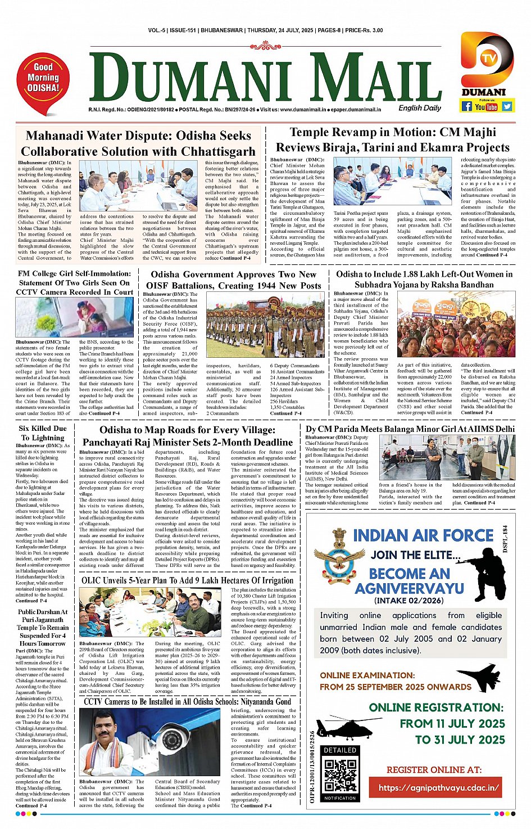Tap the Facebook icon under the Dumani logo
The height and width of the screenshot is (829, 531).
pos(466,106)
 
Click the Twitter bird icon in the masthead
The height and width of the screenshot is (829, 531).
pos(507,106)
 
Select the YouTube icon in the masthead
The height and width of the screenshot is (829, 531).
pos(486,106)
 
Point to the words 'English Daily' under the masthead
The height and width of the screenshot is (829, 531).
pos(420,108)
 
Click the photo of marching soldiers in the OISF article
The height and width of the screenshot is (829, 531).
pos(265,325)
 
